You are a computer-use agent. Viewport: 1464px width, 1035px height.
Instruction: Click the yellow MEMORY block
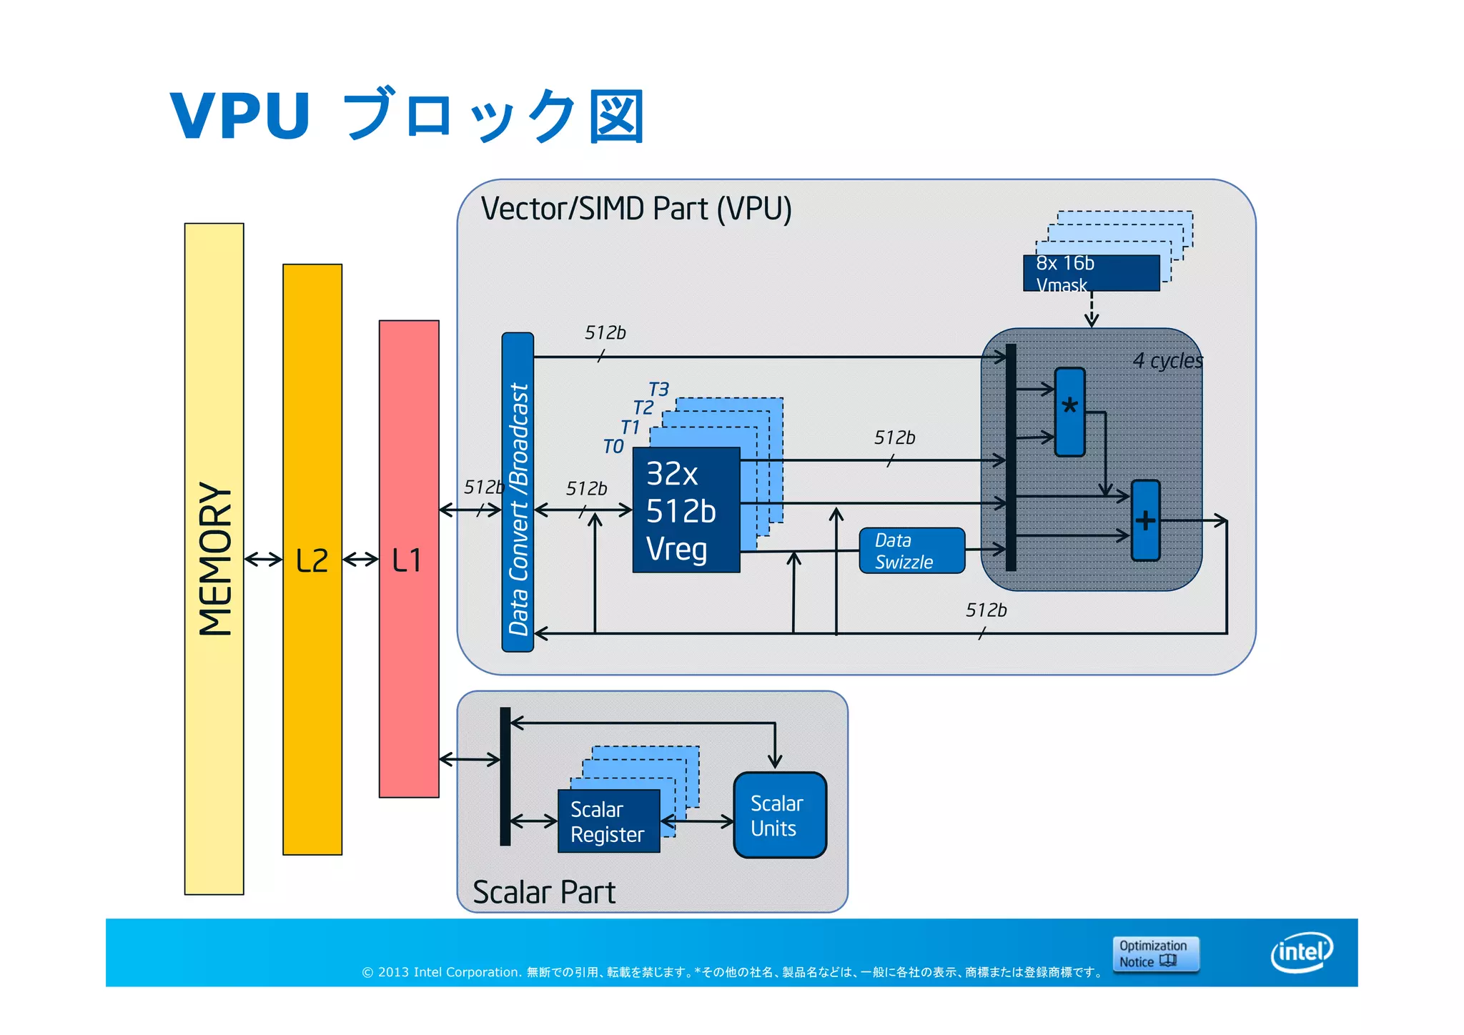click(x=214, y=558)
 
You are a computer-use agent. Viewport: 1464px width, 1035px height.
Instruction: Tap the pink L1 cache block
click(x=408, y=558)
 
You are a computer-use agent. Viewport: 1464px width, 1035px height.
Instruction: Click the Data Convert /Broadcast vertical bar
click(x=518, y=492)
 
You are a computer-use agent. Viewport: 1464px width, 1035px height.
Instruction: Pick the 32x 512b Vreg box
click(x=685, y=510)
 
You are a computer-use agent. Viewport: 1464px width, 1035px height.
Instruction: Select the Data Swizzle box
click(x=911, y=550)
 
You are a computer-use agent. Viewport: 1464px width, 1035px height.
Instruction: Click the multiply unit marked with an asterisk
click(x=1069, y=412)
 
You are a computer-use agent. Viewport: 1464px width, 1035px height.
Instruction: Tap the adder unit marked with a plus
click(x=1145, y=520)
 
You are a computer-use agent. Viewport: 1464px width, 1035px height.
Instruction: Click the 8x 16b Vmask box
click(x=1091, y=273)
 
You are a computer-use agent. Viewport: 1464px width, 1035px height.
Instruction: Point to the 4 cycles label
click(x=1167, y=360)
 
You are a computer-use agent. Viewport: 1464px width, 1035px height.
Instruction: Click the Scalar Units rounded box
click(x=779, y=815)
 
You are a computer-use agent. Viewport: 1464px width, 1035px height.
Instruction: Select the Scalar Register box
click(x=608, y=821)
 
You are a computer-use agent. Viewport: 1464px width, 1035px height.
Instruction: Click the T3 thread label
click(x=658, y=390)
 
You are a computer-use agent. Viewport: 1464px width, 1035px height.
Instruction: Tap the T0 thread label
click(x=613, y=447)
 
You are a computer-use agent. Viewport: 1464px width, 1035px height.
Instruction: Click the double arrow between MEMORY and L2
click(x=263, y=559)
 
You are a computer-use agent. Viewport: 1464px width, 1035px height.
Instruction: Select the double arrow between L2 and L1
click(x=360, y=559)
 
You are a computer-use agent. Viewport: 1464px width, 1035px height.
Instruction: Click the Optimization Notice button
click(x=1154, y=954)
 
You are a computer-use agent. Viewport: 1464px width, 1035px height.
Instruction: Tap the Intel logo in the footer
click(x=1301, y=952)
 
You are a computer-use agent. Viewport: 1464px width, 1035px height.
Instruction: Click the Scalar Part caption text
click(x=543, y=892)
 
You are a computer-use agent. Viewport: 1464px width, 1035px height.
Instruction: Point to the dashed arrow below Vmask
click(x=1092, y=309)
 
